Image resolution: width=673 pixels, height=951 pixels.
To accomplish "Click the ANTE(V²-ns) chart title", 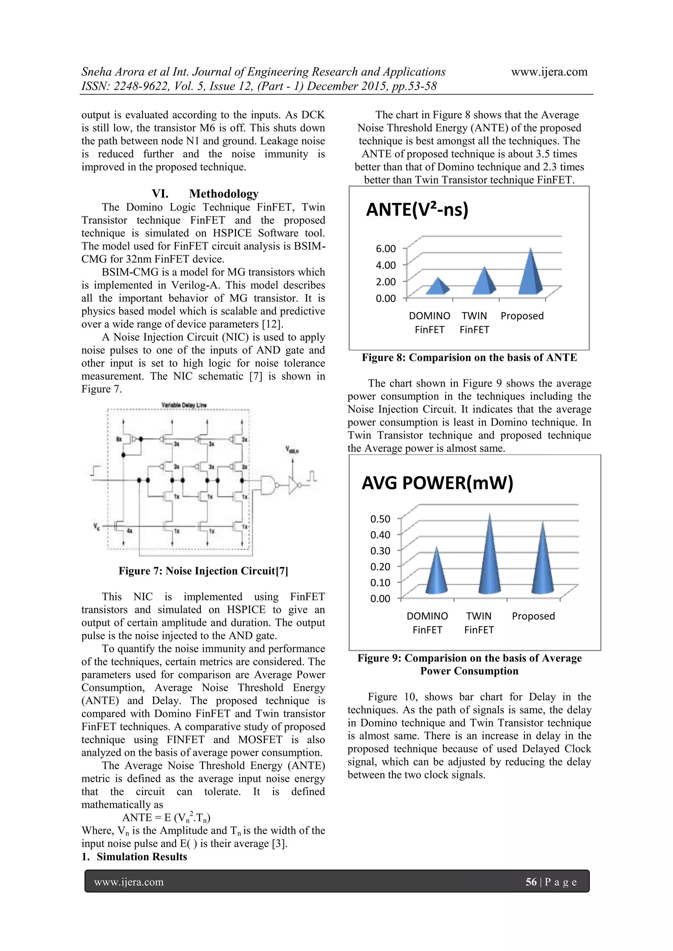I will point(417,210).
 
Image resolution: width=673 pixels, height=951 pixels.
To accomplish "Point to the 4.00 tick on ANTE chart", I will point(385,265).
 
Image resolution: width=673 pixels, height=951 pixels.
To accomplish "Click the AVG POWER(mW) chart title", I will point(437,483).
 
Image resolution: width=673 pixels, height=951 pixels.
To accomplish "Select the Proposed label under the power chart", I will point(533,616).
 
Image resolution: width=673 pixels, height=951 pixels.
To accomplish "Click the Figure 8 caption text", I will point(469,358).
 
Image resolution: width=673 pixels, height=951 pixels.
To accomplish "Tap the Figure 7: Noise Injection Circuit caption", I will point(203,571).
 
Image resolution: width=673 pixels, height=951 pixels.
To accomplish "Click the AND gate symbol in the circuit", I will point(268,485).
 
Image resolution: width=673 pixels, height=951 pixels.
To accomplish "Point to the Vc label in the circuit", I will point(97,527).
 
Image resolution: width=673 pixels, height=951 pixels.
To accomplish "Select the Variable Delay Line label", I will point(184,405).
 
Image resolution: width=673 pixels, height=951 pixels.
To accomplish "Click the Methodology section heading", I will point(223,194).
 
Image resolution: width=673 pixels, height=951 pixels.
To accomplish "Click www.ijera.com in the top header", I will point(549,72).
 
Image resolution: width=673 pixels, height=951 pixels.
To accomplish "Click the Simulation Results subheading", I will point(141,857).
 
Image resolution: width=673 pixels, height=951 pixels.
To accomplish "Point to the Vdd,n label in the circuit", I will point(292,450).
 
